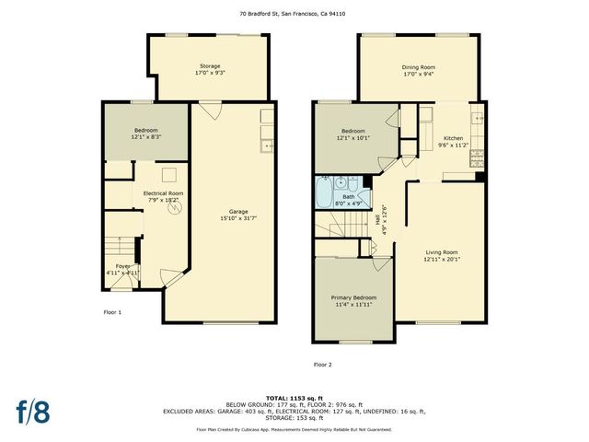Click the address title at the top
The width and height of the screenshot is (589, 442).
[x=294, y=14]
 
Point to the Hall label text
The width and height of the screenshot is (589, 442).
[x=378, y=220]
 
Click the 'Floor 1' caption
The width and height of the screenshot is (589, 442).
[x=112, y=312]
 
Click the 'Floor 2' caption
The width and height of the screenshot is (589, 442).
[x=322, y=366]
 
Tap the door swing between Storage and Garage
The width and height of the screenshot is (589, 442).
[x=211, y=111]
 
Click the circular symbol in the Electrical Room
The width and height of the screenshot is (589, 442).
[x=173, y=208]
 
